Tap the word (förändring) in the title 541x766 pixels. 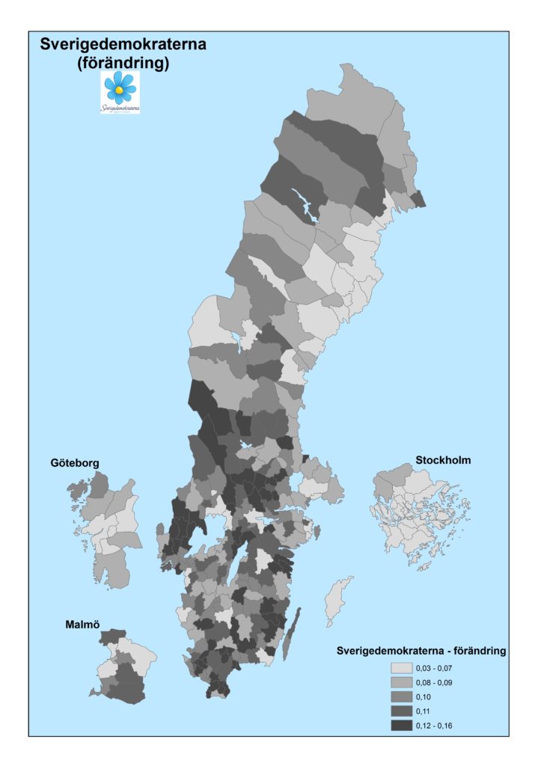(x=123, y=64)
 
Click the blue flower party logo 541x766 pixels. (x=120, y=91)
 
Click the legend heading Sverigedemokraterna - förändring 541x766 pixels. (x=422, y=651)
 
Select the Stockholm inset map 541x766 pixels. (x=415, y=516)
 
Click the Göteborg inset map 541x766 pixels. (x=105, y=527)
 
